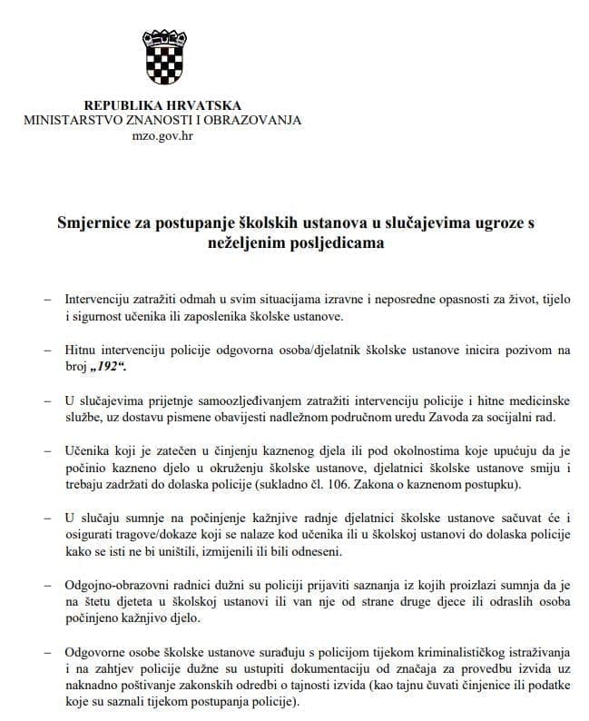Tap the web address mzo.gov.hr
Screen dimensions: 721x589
click(162, 135)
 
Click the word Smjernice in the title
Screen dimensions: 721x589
click(94, 223)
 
